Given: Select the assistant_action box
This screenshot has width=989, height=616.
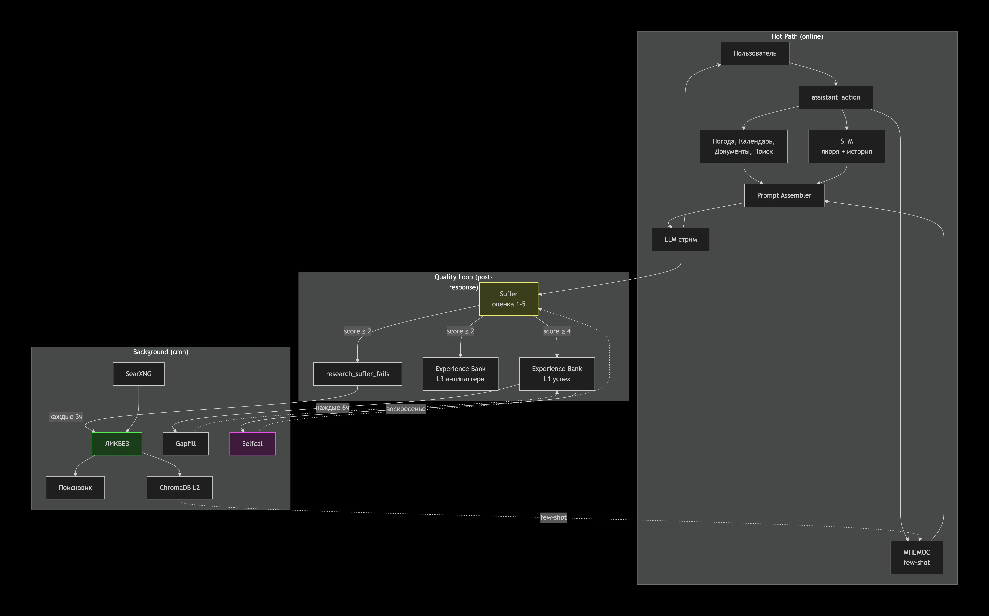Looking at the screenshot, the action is coord(836,97).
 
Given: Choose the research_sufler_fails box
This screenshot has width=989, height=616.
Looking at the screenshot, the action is coord(357,374).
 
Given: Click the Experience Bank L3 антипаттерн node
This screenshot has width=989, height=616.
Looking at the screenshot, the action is coord(460,374).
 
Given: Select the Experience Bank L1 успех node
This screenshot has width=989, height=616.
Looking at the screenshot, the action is coord(557,374).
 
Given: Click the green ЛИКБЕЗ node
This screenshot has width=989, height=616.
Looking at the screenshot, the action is coord(117,444).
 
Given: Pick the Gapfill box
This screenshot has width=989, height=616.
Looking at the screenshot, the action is coord(186,444).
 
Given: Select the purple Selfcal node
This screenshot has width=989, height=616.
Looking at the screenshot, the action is coord(252,444).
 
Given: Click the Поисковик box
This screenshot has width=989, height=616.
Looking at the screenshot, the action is coord(75,488).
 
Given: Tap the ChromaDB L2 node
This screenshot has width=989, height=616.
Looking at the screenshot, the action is coord(179,488).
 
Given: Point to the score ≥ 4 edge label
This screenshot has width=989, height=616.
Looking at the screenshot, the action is coord(557,331).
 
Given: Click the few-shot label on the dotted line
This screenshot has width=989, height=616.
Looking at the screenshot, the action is coord(554,517).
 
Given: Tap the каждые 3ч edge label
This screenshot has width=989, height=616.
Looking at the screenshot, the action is coord(66,416).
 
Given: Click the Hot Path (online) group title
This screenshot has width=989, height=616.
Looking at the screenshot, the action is coord(797,36).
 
